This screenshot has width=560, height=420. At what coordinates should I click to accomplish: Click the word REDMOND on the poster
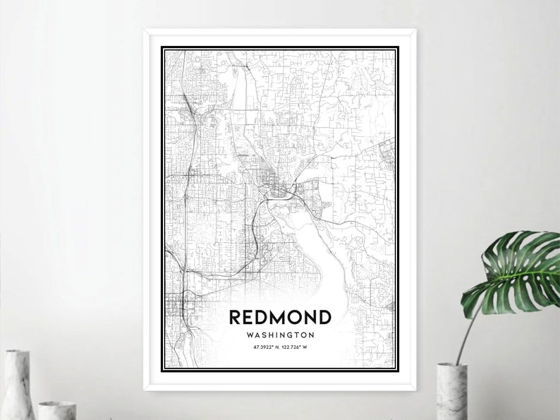[280, 317]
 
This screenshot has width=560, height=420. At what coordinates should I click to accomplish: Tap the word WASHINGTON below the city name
[280, 335]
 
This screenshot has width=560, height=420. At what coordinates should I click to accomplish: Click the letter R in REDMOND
[236, 317]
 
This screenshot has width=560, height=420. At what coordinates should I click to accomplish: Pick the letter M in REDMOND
[279, 317]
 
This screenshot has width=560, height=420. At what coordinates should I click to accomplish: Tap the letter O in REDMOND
[296, 317]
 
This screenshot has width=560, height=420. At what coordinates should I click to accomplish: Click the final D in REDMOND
[324, 317]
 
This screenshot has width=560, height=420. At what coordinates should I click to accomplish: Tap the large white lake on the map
[310, 261]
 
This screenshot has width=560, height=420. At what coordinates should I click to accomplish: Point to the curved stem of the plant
[468, 332]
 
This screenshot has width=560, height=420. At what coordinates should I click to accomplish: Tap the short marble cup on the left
[56, 410]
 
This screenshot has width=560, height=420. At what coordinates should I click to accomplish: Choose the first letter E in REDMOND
[250, 317]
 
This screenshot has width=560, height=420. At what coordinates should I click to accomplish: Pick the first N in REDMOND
[310, 317]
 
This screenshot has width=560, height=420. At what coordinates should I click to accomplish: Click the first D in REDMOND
[263, 317]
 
